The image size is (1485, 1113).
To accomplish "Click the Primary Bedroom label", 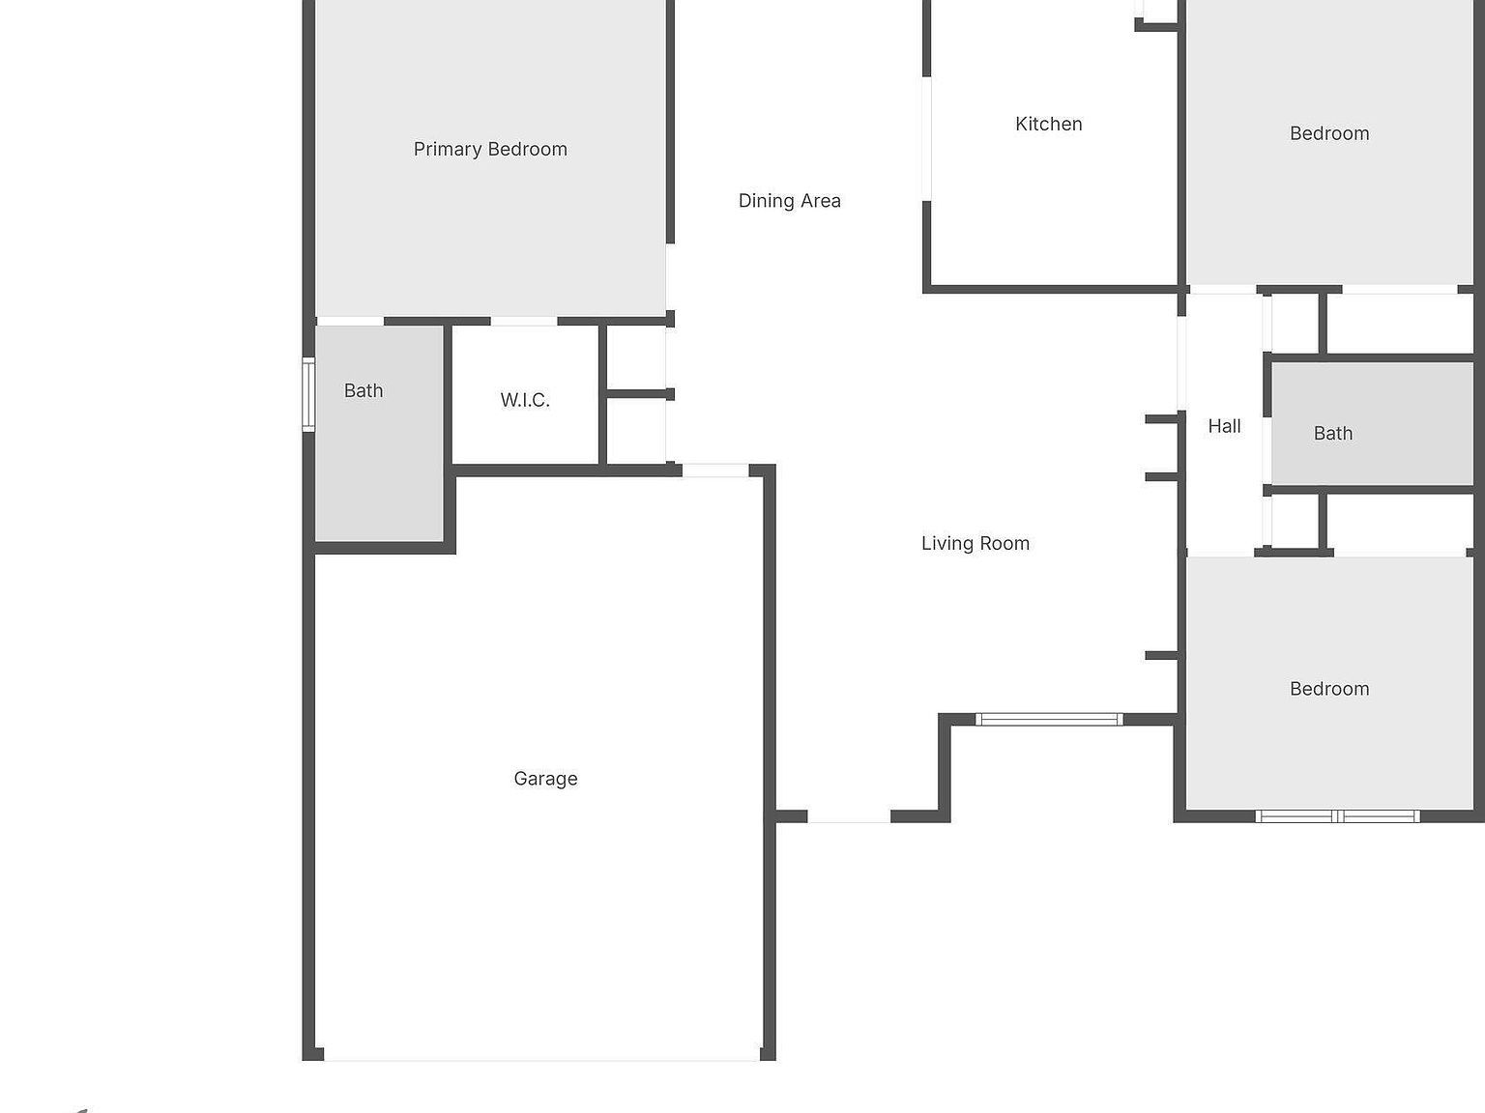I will click(490, 149).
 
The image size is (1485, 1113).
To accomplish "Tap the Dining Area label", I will click(789, 201).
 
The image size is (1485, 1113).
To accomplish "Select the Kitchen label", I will click(1048, 124).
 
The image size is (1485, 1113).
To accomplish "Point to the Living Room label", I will click(975, 544).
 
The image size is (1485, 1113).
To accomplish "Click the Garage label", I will click(545, 779).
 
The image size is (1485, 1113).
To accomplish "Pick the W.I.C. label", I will click(525, 400).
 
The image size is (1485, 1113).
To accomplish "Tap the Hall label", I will click(1224, 426).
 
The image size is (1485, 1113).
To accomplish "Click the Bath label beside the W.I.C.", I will click(364, 390).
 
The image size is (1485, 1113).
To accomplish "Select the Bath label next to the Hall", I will click(1332, 434).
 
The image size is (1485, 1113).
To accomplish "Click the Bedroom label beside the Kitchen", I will click(1329, 133).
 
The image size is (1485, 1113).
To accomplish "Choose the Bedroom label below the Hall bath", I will click(1329, 689).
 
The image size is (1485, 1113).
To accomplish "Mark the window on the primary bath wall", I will click(308, 394).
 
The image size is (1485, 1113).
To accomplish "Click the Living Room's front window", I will click(1049, 719).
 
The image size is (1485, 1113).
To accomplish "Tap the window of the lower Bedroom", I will click(1337, 816).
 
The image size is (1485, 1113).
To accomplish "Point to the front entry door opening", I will click(849, 817).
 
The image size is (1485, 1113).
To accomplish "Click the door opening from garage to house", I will click(715, 471).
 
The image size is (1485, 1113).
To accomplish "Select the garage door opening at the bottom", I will click(540, 1059).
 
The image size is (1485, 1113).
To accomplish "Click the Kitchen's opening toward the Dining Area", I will click(926, 139).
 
